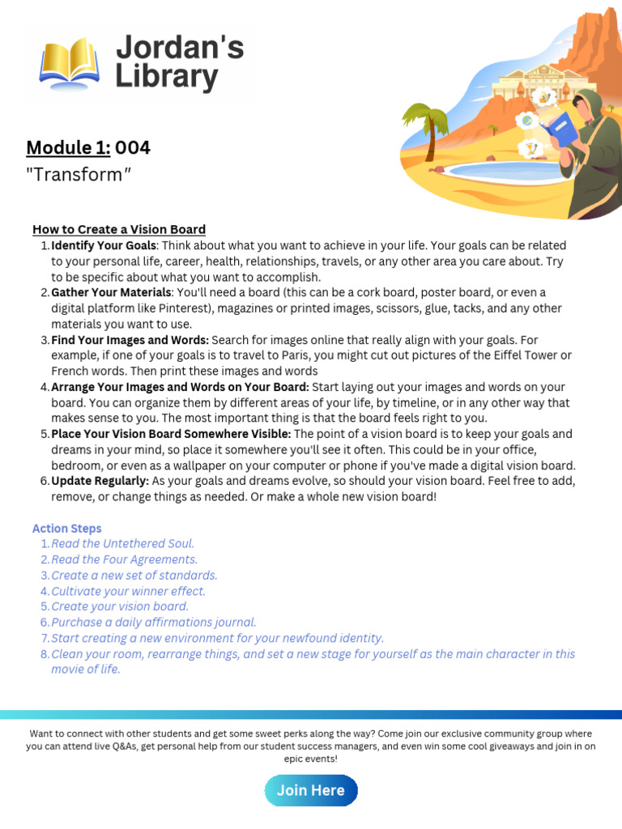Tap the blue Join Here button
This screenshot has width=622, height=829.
tap(311, 790)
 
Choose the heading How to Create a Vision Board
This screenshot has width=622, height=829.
tap(119, 229)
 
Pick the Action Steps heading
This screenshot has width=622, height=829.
tap(67, 529)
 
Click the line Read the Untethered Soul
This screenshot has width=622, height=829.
tap(122, 544)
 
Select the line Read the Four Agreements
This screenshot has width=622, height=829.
tap(124, 559)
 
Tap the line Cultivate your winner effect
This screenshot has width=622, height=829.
tap(128, 591)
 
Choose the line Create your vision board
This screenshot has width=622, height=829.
tap(120, 606)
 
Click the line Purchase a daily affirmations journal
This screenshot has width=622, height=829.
tap(153, 623)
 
